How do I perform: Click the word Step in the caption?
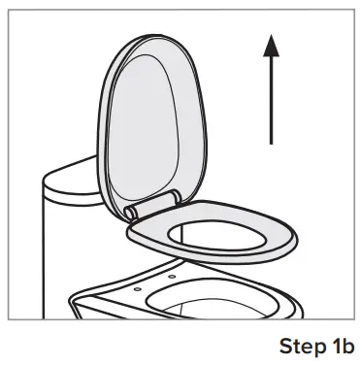click(301, 346)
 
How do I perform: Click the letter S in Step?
click(285, 346)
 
